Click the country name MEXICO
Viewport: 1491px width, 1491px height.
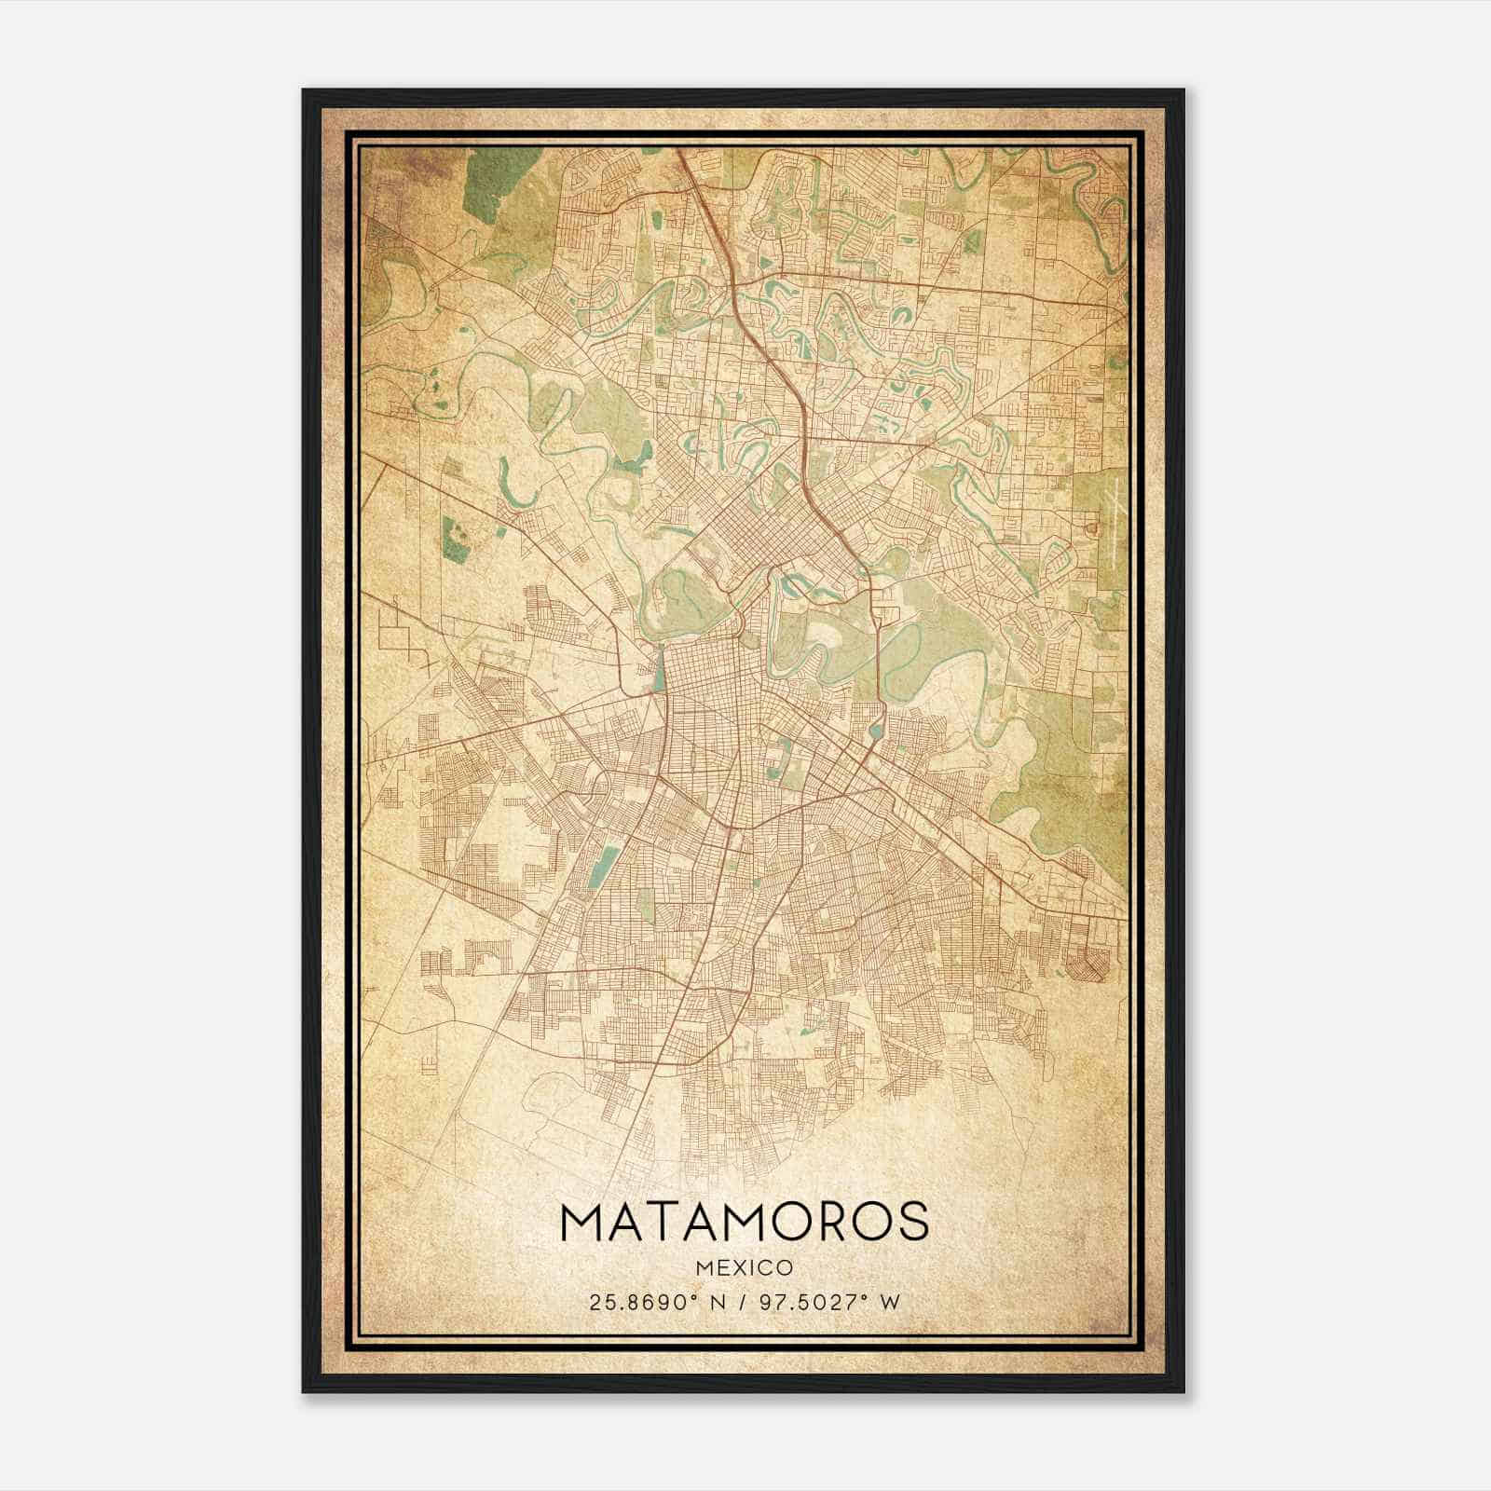[x=745, y=1267]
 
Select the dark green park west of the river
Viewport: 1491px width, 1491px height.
[x=456, y=540]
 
